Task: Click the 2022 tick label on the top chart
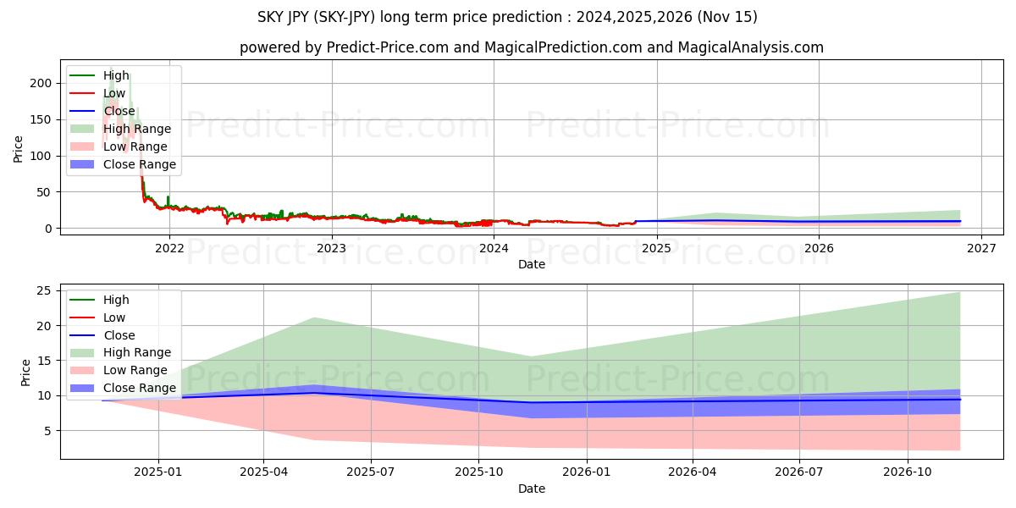coord(169,248)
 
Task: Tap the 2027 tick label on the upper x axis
coord(981,248)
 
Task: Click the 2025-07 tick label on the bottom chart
coord(371,472)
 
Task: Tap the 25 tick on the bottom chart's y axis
coord(46,290)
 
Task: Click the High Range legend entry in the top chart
coord(137,129)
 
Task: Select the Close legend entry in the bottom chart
coord(119,335)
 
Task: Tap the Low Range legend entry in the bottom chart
coord(135,371)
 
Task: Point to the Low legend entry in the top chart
coord(114,93)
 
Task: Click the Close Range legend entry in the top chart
coord(140,164)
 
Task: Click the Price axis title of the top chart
coord(19,148)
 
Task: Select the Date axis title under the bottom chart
coord(532,489)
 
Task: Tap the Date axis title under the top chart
coord(532,264)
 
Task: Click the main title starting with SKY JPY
coord(508,17)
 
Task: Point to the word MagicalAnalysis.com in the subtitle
coord(750,47)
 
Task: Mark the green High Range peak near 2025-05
coord(314,317)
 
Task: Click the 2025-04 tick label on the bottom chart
coord(263,472)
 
